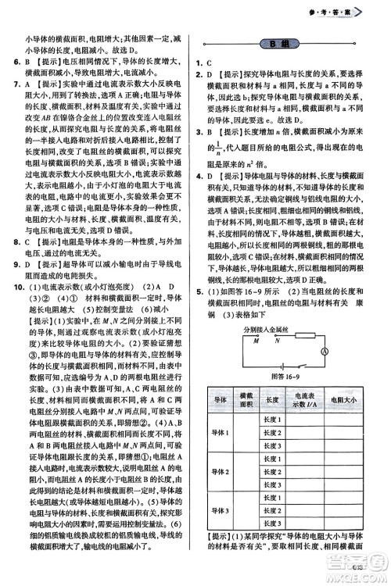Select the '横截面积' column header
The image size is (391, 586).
[x=246, y=400]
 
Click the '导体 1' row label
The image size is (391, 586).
[x=220, y=433]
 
